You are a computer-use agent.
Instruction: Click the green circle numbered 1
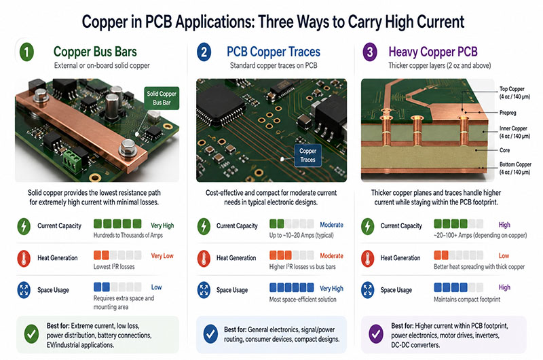pyautogui.click(x=26, y=52)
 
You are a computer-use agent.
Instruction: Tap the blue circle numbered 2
pyautogui.click(x=204, y=52)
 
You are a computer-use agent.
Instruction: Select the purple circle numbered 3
pyautogui.click(x=370, y=52)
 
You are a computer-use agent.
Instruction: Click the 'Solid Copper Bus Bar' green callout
pyautogui.click(x=162, y=98)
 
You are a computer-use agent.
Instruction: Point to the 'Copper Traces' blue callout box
pyautogui.click(x=307, y=156)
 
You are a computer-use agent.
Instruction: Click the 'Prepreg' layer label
pyautogui.click(x=508, y=113)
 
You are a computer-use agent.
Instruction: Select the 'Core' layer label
pyautogui.click(x=504, y=150)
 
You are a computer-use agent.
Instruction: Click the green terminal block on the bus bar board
pyautogui.click(x=73, y=160)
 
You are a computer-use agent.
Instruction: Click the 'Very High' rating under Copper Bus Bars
pyautogui.click(x=162, y=226)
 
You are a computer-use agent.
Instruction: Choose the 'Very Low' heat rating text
pyautogui.click(x=162, y=255)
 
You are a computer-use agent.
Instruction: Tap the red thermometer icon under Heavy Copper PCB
pyautogui.click(x=368, y=259)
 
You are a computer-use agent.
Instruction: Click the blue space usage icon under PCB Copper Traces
pyautogui.click(x=204, y=290)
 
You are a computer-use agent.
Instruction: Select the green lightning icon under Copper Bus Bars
pyautogui.click(x=24, y=226)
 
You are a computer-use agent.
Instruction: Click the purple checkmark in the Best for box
pyautogui.click(x=376, y=334)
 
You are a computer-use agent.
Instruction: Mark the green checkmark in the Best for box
pyautogui.click(x=31, y=334)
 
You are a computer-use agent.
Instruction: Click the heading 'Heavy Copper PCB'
pyautogui.click(x=433, y=52)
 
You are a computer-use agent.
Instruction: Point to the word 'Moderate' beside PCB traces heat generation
pyautogui.click(x=331, y=255)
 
